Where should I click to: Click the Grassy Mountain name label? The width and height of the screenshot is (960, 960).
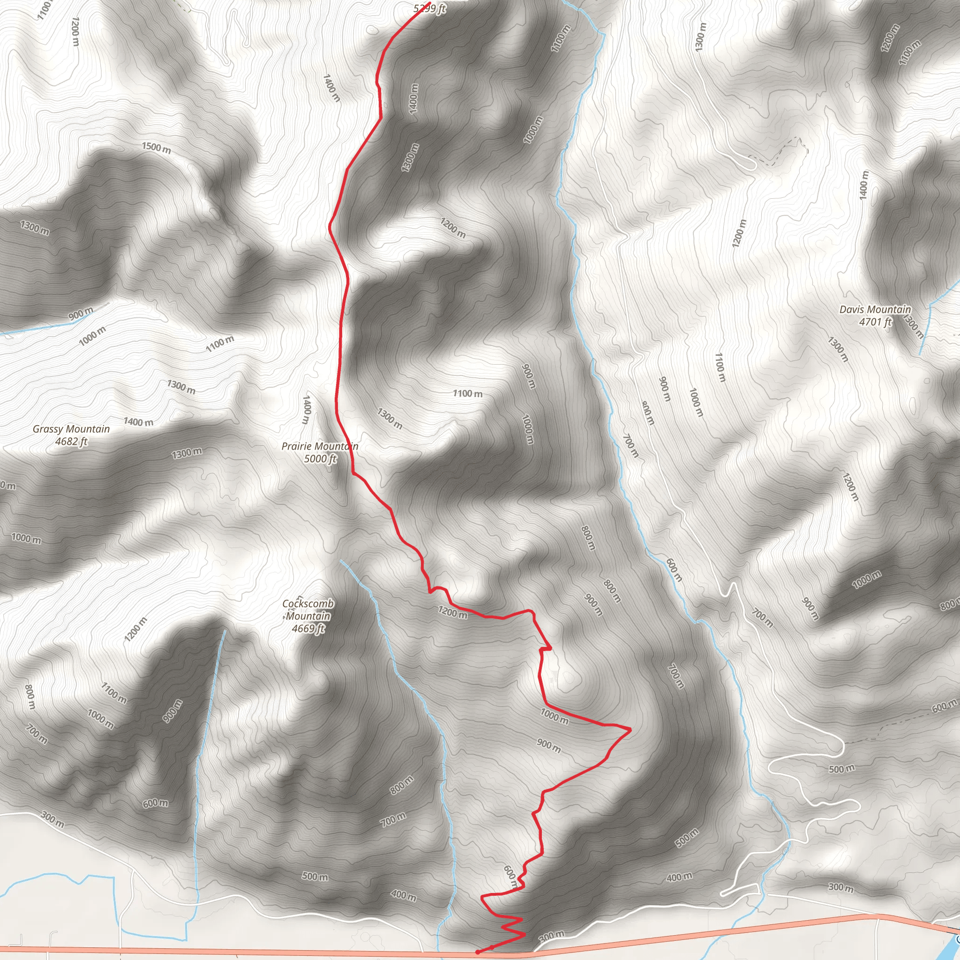(71, 429)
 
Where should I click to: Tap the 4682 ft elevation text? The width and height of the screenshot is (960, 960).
(71, 441)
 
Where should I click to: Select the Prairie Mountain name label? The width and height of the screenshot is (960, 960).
(320, 446)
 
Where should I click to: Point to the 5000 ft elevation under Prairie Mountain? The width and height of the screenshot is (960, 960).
(320, 458)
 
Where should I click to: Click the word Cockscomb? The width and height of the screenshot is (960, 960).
(308, 604)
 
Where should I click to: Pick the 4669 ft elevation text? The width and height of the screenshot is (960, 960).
(308, 629)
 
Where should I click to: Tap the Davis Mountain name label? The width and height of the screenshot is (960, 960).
(875, 309)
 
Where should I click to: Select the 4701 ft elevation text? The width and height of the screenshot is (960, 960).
(875, 322)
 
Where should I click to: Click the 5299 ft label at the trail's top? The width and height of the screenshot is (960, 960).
(430, 8)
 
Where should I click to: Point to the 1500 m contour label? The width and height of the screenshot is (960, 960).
(156, 148)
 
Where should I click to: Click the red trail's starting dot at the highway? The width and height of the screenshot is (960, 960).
(478, 952)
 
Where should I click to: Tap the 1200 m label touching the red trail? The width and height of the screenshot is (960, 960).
(452, 613)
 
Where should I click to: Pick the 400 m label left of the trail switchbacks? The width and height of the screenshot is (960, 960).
(404, 895)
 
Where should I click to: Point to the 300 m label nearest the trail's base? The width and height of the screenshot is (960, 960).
(552, 935)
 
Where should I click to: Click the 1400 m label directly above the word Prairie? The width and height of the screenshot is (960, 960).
(307, 409)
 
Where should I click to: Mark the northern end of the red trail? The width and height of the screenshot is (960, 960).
(429, 3)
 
